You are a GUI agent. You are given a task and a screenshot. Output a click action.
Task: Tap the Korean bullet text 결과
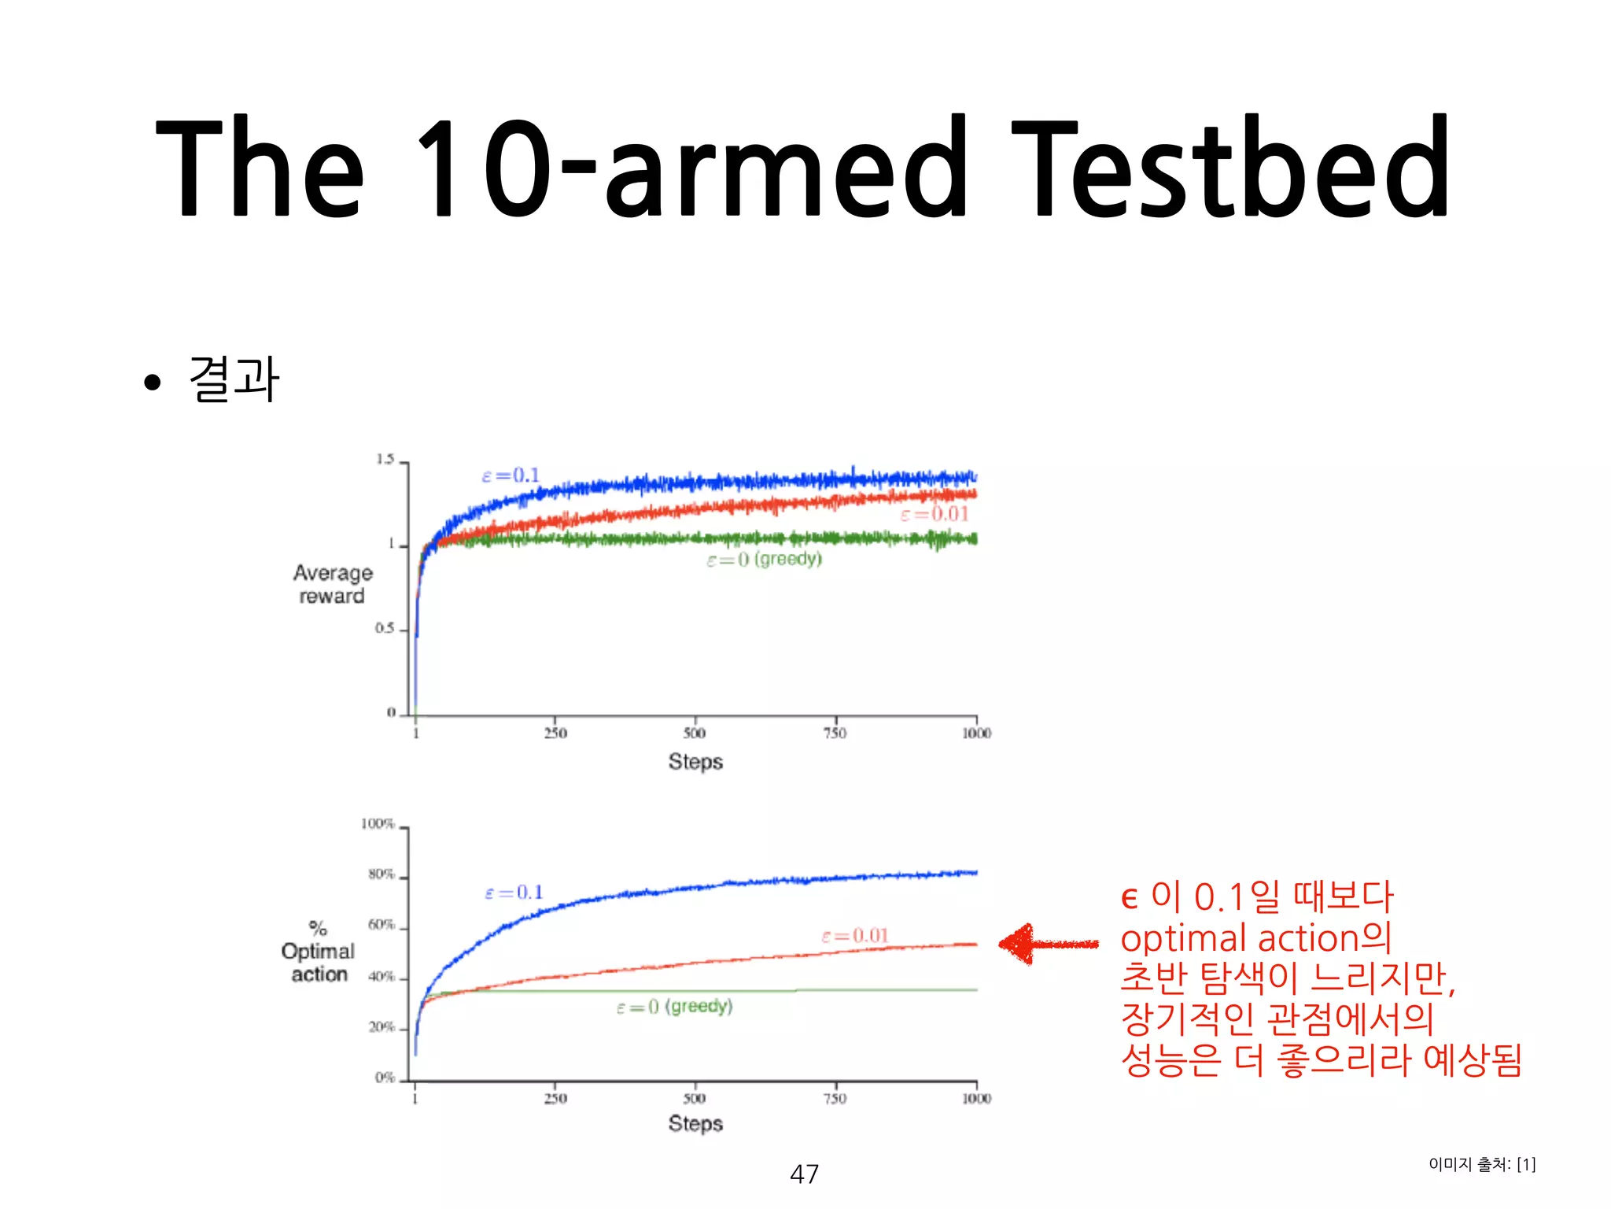[x=234, y=379]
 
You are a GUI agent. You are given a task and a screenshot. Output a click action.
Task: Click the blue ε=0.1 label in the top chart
[x=511, y=475]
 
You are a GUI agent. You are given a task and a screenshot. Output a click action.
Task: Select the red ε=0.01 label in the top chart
[x=935, y=514]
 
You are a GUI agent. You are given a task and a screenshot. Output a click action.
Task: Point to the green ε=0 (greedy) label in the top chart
[x=764, y=560]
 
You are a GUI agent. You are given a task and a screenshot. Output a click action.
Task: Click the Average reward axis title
[x=333, y=584]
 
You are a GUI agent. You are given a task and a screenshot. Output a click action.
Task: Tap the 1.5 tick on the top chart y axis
[x=385, y=460]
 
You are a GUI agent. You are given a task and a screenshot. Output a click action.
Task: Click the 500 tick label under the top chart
[x=694, y=734]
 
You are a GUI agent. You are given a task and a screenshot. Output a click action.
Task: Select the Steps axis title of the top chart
[x=695, y=762]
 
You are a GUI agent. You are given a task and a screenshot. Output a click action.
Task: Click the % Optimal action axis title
[x=319, y=952]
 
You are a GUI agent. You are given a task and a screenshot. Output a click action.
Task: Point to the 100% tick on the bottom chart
[x=378, y=824]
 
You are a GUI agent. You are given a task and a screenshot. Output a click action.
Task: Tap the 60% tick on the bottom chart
[x=382, y=925]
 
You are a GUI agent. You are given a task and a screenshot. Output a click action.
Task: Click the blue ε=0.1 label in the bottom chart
[x=514, y=893]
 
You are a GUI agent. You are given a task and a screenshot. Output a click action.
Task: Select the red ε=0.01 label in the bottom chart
[x=855, y=936]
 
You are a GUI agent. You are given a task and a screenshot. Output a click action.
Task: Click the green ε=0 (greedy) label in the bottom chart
[x=674, y=1007]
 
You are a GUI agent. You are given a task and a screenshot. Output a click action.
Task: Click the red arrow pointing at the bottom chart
[x=1046, y=944]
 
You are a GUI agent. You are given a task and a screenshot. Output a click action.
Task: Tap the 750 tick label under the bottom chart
[x=835, y=1098]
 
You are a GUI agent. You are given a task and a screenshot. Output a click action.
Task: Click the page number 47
[x=804, y=1174]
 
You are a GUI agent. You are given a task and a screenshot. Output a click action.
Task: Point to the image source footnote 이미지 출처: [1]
[x=1482, y=1164]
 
